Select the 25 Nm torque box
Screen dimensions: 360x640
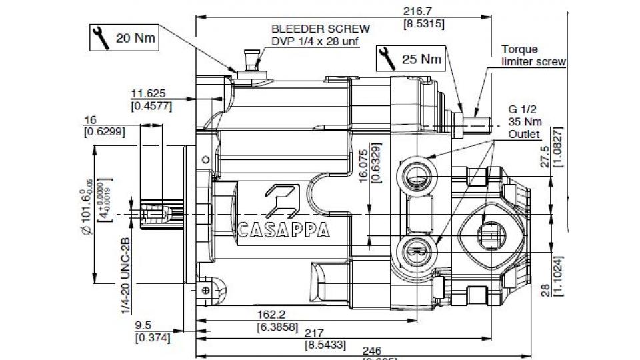(x=411, y=59)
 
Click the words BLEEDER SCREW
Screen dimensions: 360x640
(x=320, y=29)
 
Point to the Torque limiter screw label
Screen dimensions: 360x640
(x=533, y=55)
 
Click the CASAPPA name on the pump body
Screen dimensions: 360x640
(x=284, y=229)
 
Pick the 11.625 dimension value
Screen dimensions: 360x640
(x=148, y=93)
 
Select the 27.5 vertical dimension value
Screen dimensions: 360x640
(x=545, y=156)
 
